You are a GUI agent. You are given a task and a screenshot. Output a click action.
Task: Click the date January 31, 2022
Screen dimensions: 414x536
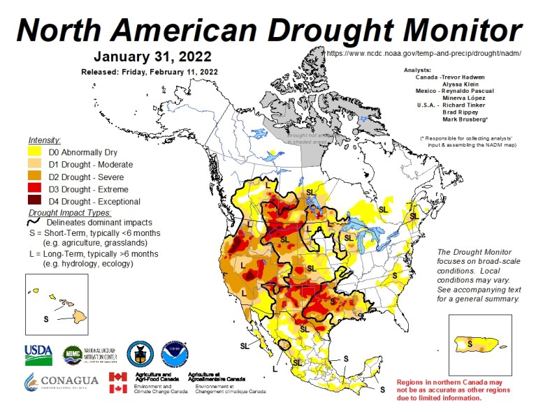click(x=152, y=56)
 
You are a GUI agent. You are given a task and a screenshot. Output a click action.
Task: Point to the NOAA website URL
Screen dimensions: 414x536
click(x=423, y=54)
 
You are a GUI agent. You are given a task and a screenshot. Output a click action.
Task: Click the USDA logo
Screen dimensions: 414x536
click(x=38, y=355)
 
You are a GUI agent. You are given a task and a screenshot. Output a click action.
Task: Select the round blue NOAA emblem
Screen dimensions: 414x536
click(x=174, y=355)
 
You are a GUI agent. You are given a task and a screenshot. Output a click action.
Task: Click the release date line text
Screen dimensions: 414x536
click(x=150, y=72)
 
